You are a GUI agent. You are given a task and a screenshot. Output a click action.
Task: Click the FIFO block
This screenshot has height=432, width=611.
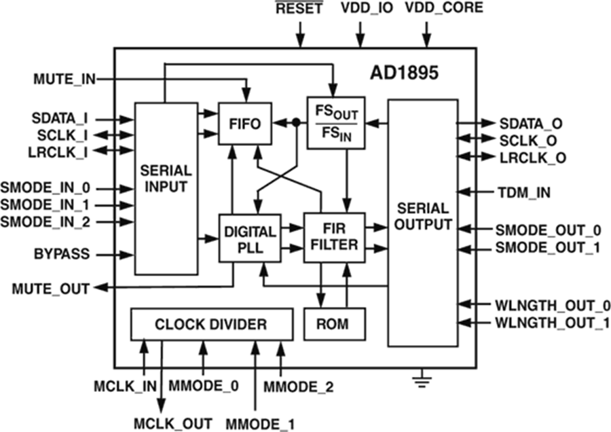coord(244,124)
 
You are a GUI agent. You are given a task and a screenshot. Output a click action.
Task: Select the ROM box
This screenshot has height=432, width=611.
coord(333,325)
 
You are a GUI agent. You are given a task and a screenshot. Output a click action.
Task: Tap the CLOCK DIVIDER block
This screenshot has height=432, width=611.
coord(211,325)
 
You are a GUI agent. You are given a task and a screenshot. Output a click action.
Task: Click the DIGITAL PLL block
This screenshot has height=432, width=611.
coord(248,238)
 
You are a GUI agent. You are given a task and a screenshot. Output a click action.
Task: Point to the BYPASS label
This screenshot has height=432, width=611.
coord(63,255)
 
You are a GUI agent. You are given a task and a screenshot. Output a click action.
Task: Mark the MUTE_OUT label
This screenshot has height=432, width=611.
coord(50,289)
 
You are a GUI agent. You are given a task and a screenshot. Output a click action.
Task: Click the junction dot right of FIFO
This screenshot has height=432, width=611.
coord(296,124)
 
